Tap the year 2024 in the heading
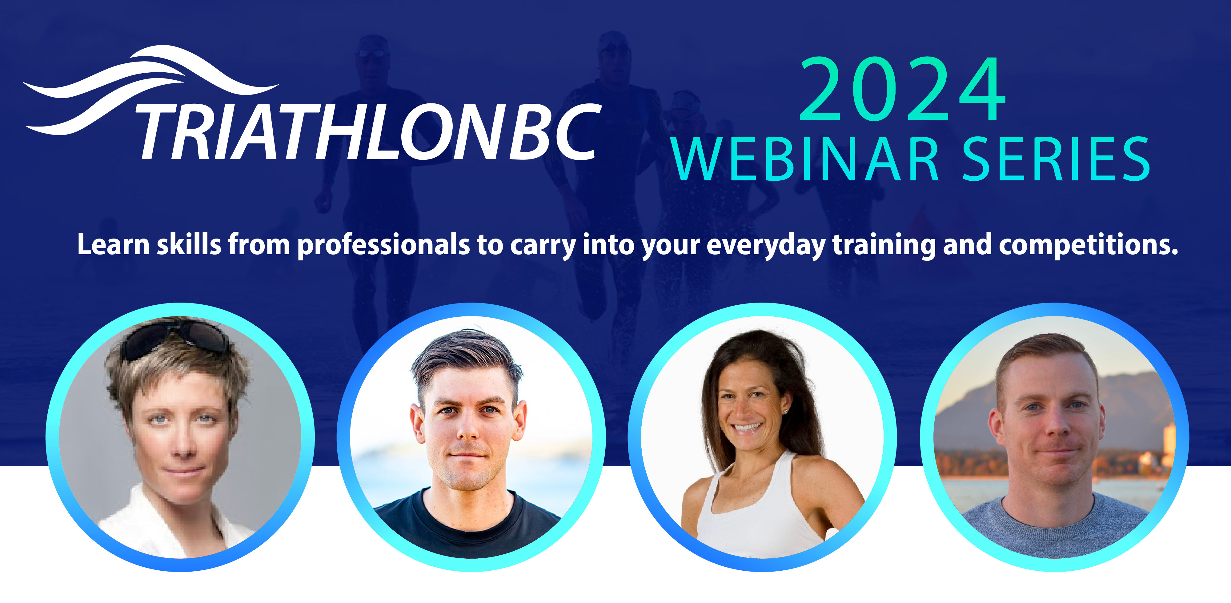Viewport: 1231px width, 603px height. (903, 89)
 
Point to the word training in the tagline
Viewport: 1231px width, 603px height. (884, 245)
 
